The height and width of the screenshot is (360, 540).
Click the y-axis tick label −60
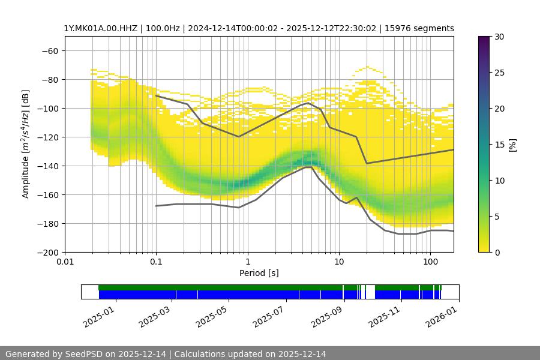(50, 50)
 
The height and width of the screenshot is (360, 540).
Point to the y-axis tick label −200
(47, 252)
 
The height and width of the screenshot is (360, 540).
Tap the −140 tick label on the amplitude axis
(47, 166)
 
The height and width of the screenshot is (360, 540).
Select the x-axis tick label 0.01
(65, 262)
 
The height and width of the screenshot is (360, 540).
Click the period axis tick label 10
(339, 262)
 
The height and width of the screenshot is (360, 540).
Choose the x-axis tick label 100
(430, 262)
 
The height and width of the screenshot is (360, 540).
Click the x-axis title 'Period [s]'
(259, 273)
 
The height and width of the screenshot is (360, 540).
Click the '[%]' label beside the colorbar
(512, 144)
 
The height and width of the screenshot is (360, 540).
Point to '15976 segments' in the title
(423, 28)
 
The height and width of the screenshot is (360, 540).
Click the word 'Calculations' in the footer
(200, 354)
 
